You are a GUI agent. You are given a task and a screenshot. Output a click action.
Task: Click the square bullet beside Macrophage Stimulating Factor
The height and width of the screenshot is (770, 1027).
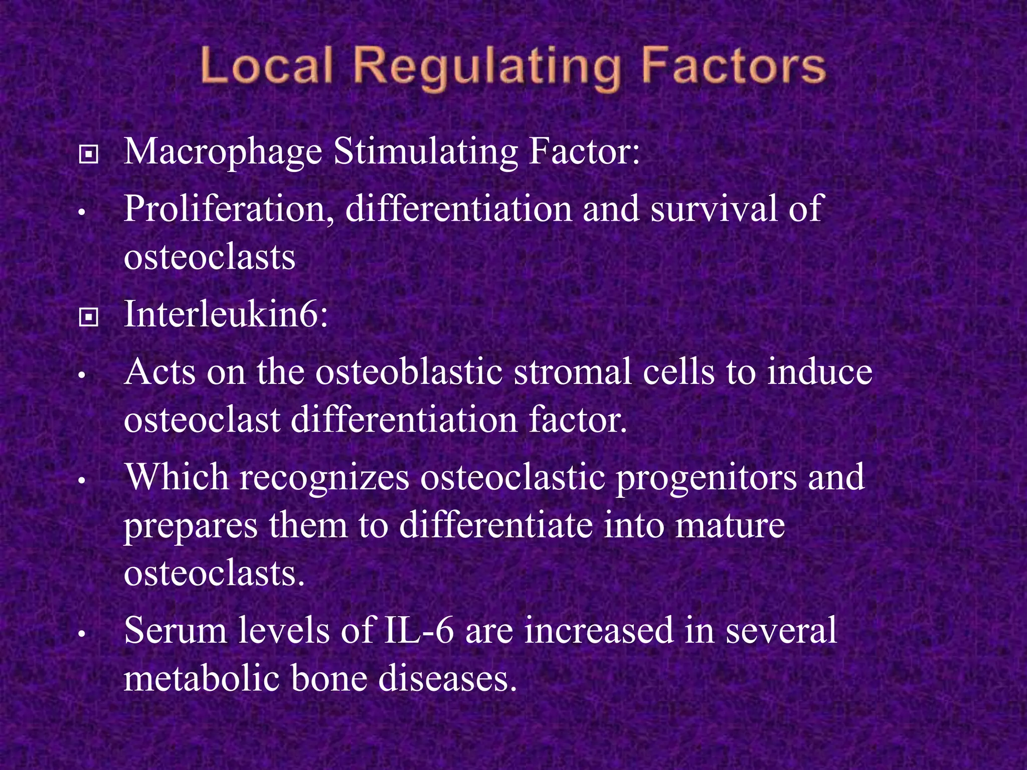(89, 155)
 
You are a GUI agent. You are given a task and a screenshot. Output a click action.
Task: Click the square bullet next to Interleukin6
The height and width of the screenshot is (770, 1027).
(89, 317)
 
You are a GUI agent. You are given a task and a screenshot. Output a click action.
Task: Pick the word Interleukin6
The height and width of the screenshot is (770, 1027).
(226, 315)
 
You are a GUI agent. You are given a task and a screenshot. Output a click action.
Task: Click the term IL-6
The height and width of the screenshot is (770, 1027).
(419, 631)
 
